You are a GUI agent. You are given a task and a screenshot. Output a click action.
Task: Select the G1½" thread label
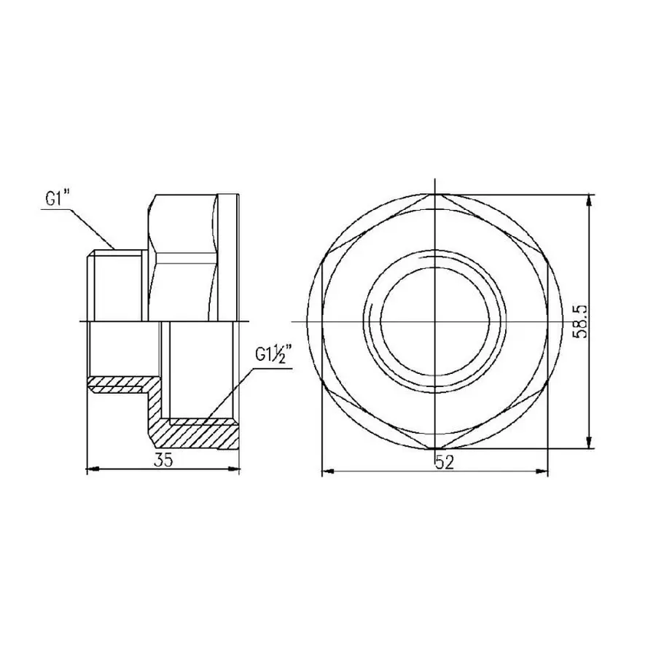pyautogui.click(x=274, y=356)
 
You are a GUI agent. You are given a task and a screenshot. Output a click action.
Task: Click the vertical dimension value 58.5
pyautogui.click(x=581, y=321)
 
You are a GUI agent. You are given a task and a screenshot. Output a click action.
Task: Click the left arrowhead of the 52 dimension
pyautogui.click(x=327, y=472)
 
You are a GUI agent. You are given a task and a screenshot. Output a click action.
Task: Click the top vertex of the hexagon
pyautogui.click(x=435, y=195)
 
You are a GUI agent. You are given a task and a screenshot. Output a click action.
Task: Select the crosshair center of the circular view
pyautogui.click(x=435, y=321)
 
